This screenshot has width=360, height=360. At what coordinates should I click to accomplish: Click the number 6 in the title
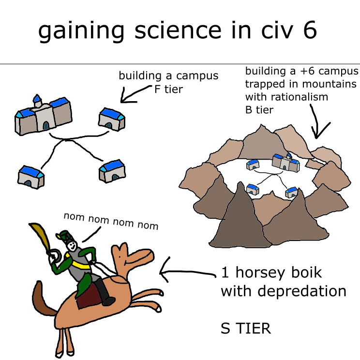[x=310, y=30]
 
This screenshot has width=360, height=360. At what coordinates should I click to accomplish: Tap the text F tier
[x=168, y=90]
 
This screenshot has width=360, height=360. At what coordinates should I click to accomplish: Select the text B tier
[x=259, y=110]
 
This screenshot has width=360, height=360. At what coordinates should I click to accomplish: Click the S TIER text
[x=246, y=328]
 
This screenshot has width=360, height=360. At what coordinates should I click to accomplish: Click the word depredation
[x=301, y=291]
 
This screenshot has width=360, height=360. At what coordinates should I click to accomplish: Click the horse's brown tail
[x=43, y=299]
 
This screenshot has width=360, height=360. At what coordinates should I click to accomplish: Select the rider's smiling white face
[x=72, y=246]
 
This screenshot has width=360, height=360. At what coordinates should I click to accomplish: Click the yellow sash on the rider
[x=77, y=262]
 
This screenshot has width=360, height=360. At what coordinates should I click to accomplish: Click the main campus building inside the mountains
[x=285, y=163]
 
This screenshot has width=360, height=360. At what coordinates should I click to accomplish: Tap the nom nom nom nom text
[x=111, y=221]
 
